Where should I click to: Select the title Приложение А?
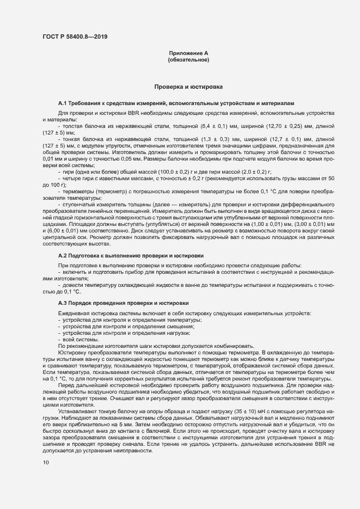click(188, 53)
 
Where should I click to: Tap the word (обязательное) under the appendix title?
click(188, 59)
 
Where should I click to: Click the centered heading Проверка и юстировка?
click(188, 87)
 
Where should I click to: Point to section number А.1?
click(63, 103)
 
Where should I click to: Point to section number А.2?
click(63, 255)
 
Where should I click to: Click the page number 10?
click(45, 462)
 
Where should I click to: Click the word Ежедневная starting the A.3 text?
click(74, 314)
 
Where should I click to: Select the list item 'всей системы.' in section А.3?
click(77, 339)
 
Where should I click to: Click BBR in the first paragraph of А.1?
click(133, 112)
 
